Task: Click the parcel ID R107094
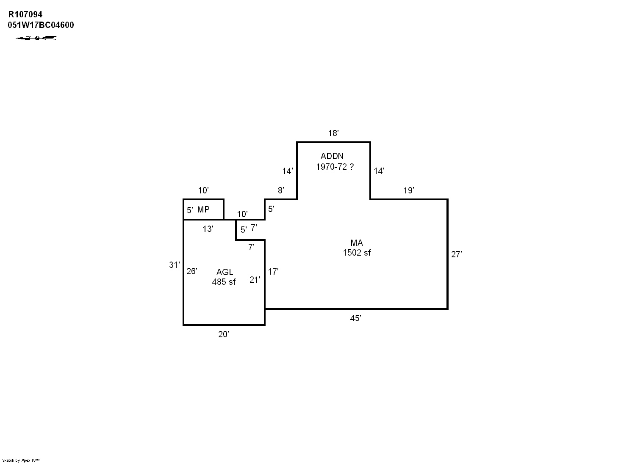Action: click(25, 15)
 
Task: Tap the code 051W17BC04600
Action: click(41, 25)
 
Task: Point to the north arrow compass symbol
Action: click(36, 38)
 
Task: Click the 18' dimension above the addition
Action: click(333, 133)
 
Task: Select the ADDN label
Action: click(332, 156)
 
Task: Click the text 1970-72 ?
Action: click(335, 167)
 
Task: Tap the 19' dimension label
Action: click(408, 190)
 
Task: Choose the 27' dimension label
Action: click(456, 254)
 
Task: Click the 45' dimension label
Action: click(355, 318)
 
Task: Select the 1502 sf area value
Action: click(357, 253)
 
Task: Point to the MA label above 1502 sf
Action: click(357, 243)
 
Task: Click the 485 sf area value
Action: click(224, 281)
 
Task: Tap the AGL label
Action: click(225, 272)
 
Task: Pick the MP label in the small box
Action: click(203, 209)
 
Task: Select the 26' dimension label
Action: click(191, 271)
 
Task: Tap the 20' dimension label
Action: click(224, 334)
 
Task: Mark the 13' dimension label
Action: click(208, 229)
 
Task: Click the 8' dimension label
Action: click(281, 190)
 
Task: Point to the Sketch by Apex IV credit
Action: click(21, 460)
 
